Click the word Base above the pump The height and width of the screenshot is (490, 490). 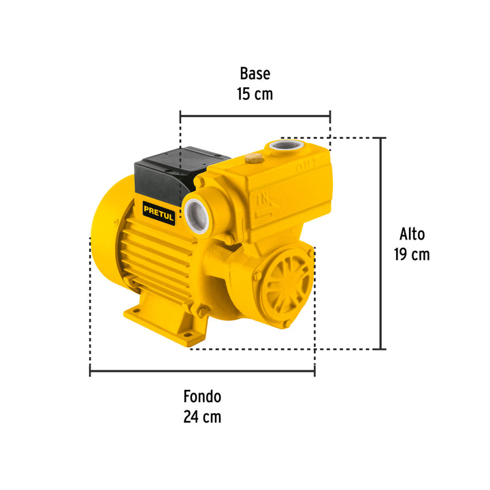(x=255, y=73)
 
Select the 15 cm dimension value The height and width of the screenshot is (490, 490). (x=255, y=94)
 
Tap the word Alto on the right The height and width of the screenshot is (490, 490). (x=412, y=234)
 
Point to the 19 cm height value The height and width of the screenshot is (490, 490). (x=412, y=254)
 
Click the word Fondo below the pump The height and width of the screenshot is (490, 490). (x=202, y=397)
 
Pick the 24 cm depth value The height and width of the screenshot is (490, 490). (x=202, y=417)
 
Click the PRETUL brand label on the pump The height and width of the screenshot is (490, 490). (x=159, y=213)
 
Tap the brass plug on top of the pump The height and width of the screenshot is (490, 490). (x=255, y=159)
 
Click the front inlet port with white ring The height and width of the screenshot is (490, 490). (x=197, y=216)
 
